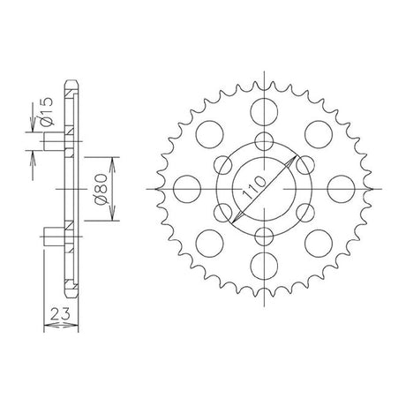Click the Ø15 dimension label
tap(47, 111)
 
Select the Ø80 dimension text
tap(101, 189)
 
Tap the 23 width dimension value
tap(60, 314)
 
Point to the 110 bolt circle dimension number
tap(253, 187)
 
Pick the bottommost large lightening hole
tap(264, 266)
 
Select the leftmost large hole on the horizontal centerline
tap(187, 189)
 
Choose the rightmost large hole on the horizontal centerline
tap(341, 189)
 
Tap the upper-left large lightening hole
tap(210, 134)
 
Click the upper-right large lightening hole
tap(319, 134)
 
